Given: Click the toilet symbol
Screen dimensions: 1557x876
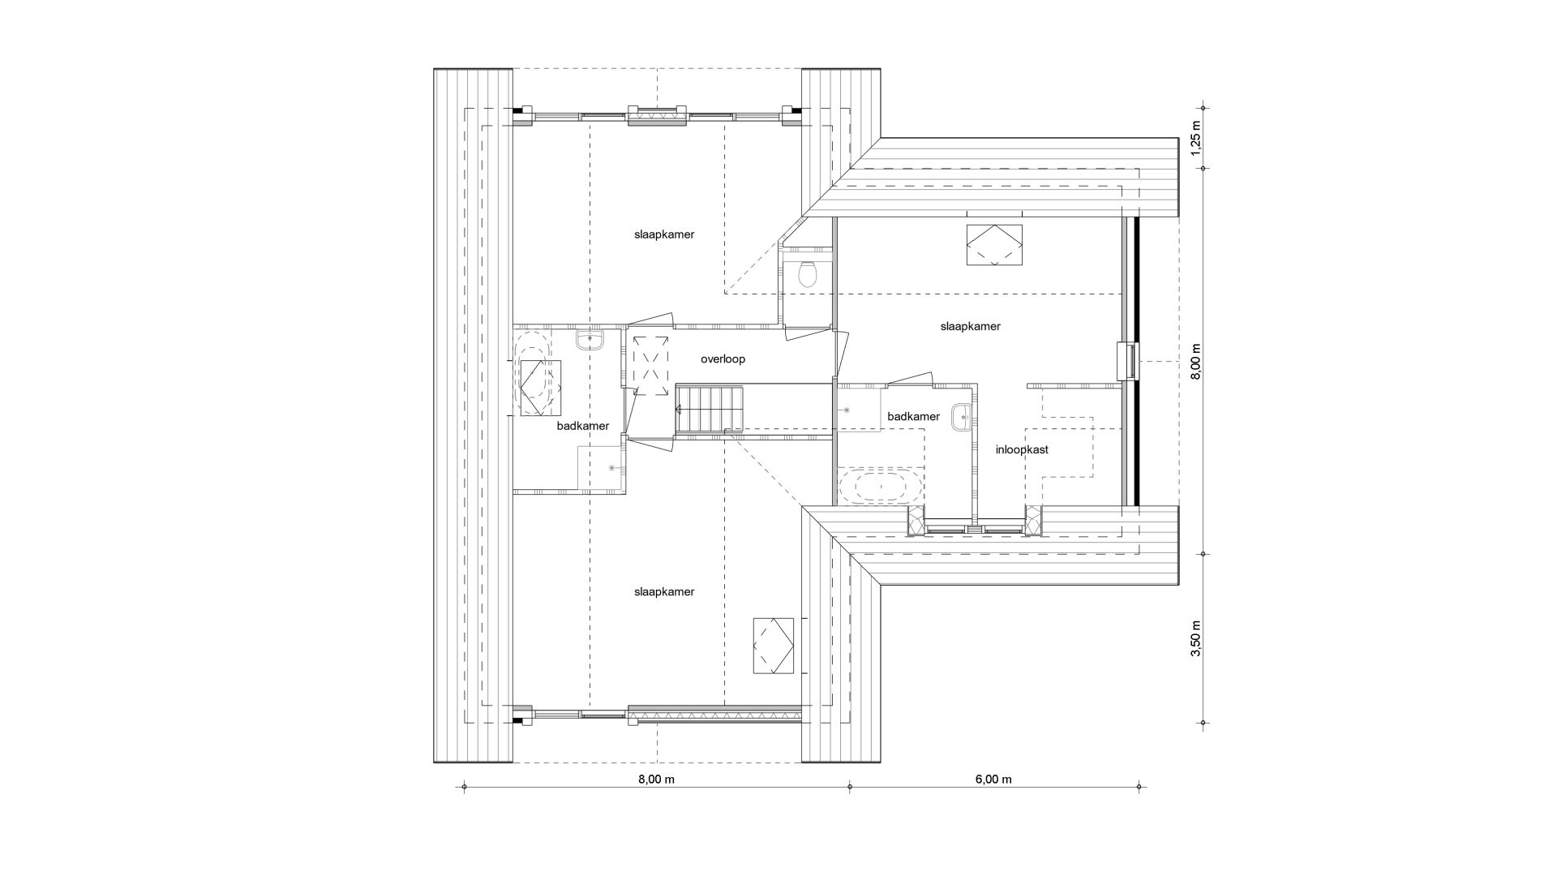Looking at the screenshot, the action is [807, 275].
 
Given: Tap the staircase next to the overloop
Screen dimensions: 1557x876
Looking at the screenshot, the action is [710, 409].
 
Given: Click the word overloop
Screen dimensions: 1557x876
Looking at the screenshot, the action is [723, 359].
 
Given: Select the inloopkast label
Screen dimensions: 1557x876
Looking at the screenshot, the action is [1022, 449].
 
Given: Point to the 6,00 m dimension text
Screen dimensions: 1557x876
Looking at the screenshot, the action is [993, 779].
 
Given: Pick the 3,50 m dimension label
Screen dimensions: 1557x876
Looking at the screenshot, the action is [1196, 638].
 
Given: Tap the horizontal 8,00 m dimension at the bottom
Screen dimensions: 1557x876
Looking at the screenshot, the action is [657, 779].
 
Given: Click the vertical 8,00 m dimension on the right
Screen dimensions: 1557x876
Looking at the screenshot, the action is [1196, 361].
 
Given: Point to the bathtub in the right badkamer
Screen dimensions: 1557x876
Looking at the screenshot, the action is [880, 487].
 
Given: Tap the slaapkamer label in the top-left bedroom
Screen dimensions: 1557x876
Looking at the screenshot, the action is [664, 234].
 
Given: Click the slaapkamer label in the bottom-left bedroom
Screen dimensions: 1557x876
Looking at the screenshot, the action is [664, 592].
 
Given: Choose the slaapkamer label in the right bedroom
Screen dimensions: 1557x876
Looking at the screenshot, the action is [971, 327].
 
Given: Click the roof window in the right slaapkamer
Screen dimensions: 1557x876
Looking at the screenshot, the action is [994, 245].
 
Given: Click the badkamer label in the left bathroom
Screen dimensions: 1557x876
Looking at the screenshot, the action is [583, 426].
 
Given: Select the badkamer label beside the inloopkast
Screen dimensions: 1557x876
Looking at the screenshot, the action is [914, 417].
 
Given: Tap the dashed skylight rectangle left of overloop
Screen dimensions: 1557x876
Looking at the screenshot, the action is [650, 366].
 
